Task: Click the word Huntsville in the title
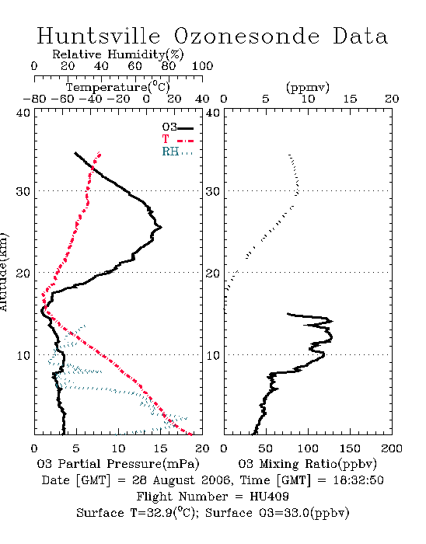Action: [x=99, y=36]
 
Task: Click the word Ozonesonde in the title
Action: [x=246, y=36]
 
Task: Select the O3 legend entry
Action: [x=177, y=127]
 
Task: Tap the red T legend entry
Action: [x=177, y=139]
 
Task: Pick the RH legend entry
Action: [x=177, y=152]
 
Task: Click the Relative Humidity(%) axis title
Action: [x=118, y=54]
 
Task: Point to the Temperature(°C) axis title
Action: [x=118, y=87]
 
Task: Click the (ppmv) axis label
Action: [x=308, y=87]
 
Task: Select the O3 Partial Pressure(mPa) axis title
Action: [x=118, y=464]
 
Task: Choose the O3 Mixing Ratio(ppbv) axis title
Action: [x=307, y=464]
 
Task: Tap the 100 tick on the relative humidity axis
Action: [x=202, y=66]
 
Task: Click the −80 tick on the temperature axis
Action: [x=34, y=99]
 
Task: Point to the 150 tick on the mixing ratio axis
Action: [x=350, y=448]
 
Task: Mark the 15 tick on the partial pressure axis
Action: [x=160, y=448]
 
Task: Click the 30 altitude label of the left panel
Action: [x=23, y=191]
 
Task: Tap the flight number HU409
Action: [x=269, y=497]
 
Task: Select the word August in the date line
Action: [x=174, y=480]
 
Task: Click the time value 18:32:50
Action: [x=358, y=480]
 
